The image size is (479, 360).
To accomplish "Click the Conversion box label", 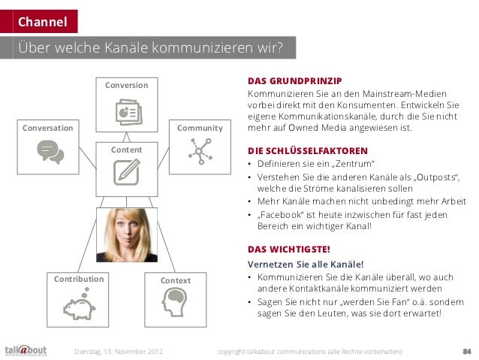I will [x=126, y=85].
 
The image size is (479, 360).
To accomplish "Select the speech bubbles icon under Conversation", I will [x=50, y=151].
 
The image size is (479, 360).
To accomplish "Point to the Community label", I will [x=200, y=128].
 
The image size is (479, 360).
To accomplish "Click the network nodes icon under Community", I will [x=200, y=151].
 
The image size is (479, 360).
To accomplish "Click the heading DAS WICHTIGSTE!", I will [x=289, y=250].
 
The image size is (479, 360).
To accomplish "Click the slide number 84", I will [x=465, y=349].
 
